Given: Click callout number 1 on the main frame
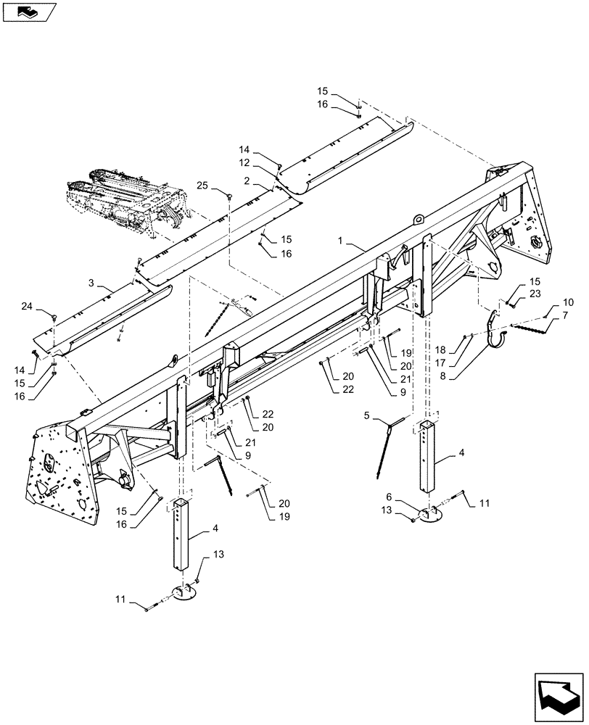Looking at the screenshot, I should (x=342, y=239).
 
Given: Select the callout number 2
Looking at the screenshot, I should (x=247, y=179).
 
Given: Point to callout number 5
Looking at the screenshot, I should (x=368, y=416).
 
